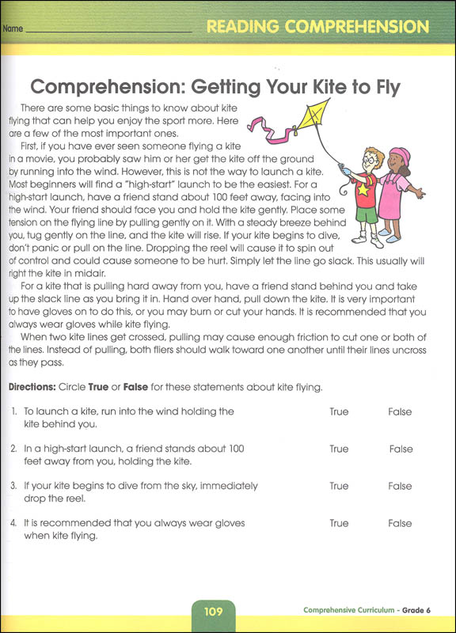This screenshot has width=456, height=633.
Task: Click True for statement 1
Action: (339, 412)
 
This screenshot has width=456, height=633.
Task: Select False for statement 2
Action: (401, 449)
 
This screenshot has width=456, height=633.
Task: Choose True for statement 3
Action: (339, 486)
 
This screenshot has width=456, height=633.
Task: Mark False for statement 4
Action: (401, 523)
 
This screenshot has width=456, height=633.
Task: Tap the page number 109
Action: (212, 611)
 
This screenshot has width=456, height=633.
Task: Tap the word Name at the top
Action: (13, 30)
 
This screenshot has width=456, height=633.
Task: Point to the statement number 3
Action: (15, 486)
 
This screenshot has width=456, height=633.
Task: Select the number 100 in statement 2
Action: (235, 449)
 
